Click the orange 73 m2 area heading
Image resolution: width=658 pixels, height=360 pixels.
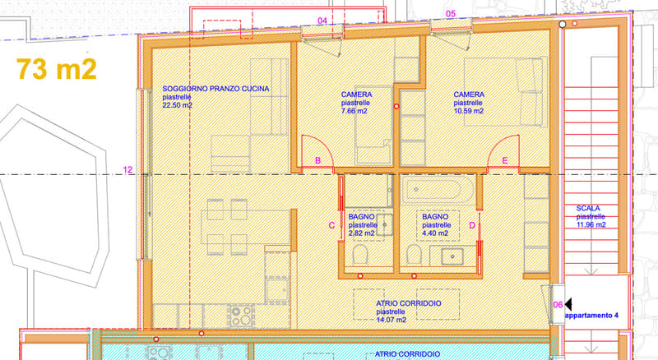(57, 69)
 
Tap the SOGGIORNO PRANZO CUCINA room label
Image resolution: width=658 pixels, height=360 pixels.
(215, 89)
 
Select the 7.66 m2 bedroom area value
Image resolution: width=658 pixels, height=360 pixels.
(354, 111)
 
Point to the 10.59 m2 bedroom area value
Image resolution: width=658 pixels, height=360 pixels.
(468, 111)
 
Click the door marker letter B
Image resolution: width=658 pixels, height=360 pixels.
(318, 161)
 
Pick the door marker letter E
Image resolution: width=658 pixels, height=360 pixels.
(505, 161)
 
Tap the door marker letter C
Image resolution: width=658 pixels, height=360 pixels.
(331, 226)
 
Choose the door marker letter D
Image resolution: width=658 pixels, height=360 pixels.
(472, 226)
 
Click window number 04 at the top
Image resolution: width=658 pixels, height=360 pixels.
(322, 21)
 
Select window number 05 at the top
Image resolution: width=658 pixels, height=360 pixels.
(450, 14)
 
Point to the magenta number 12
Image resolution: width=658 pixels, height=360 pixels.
(127, 170)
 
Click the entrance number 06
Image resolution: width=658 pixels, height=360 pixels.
(558, 305)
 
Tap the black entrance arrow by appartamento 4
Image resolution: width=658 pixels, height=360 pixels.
(568, 304)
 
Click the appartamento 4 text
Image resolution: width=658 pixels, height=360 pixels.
(591, 316)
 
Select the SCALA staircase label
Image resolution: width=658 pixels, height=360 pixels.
(588, 209)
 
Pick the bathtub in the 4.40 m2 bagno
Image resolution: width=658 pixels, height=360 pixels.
(437, 190)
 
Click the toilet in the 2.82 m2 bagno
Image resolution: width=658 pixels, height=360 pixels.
(360, 254)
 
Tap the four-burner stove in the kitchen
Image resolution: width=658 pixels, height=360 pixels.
(241, 316)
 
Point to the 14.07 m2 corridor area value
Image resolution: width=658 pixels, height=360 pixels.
(392, 321)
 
